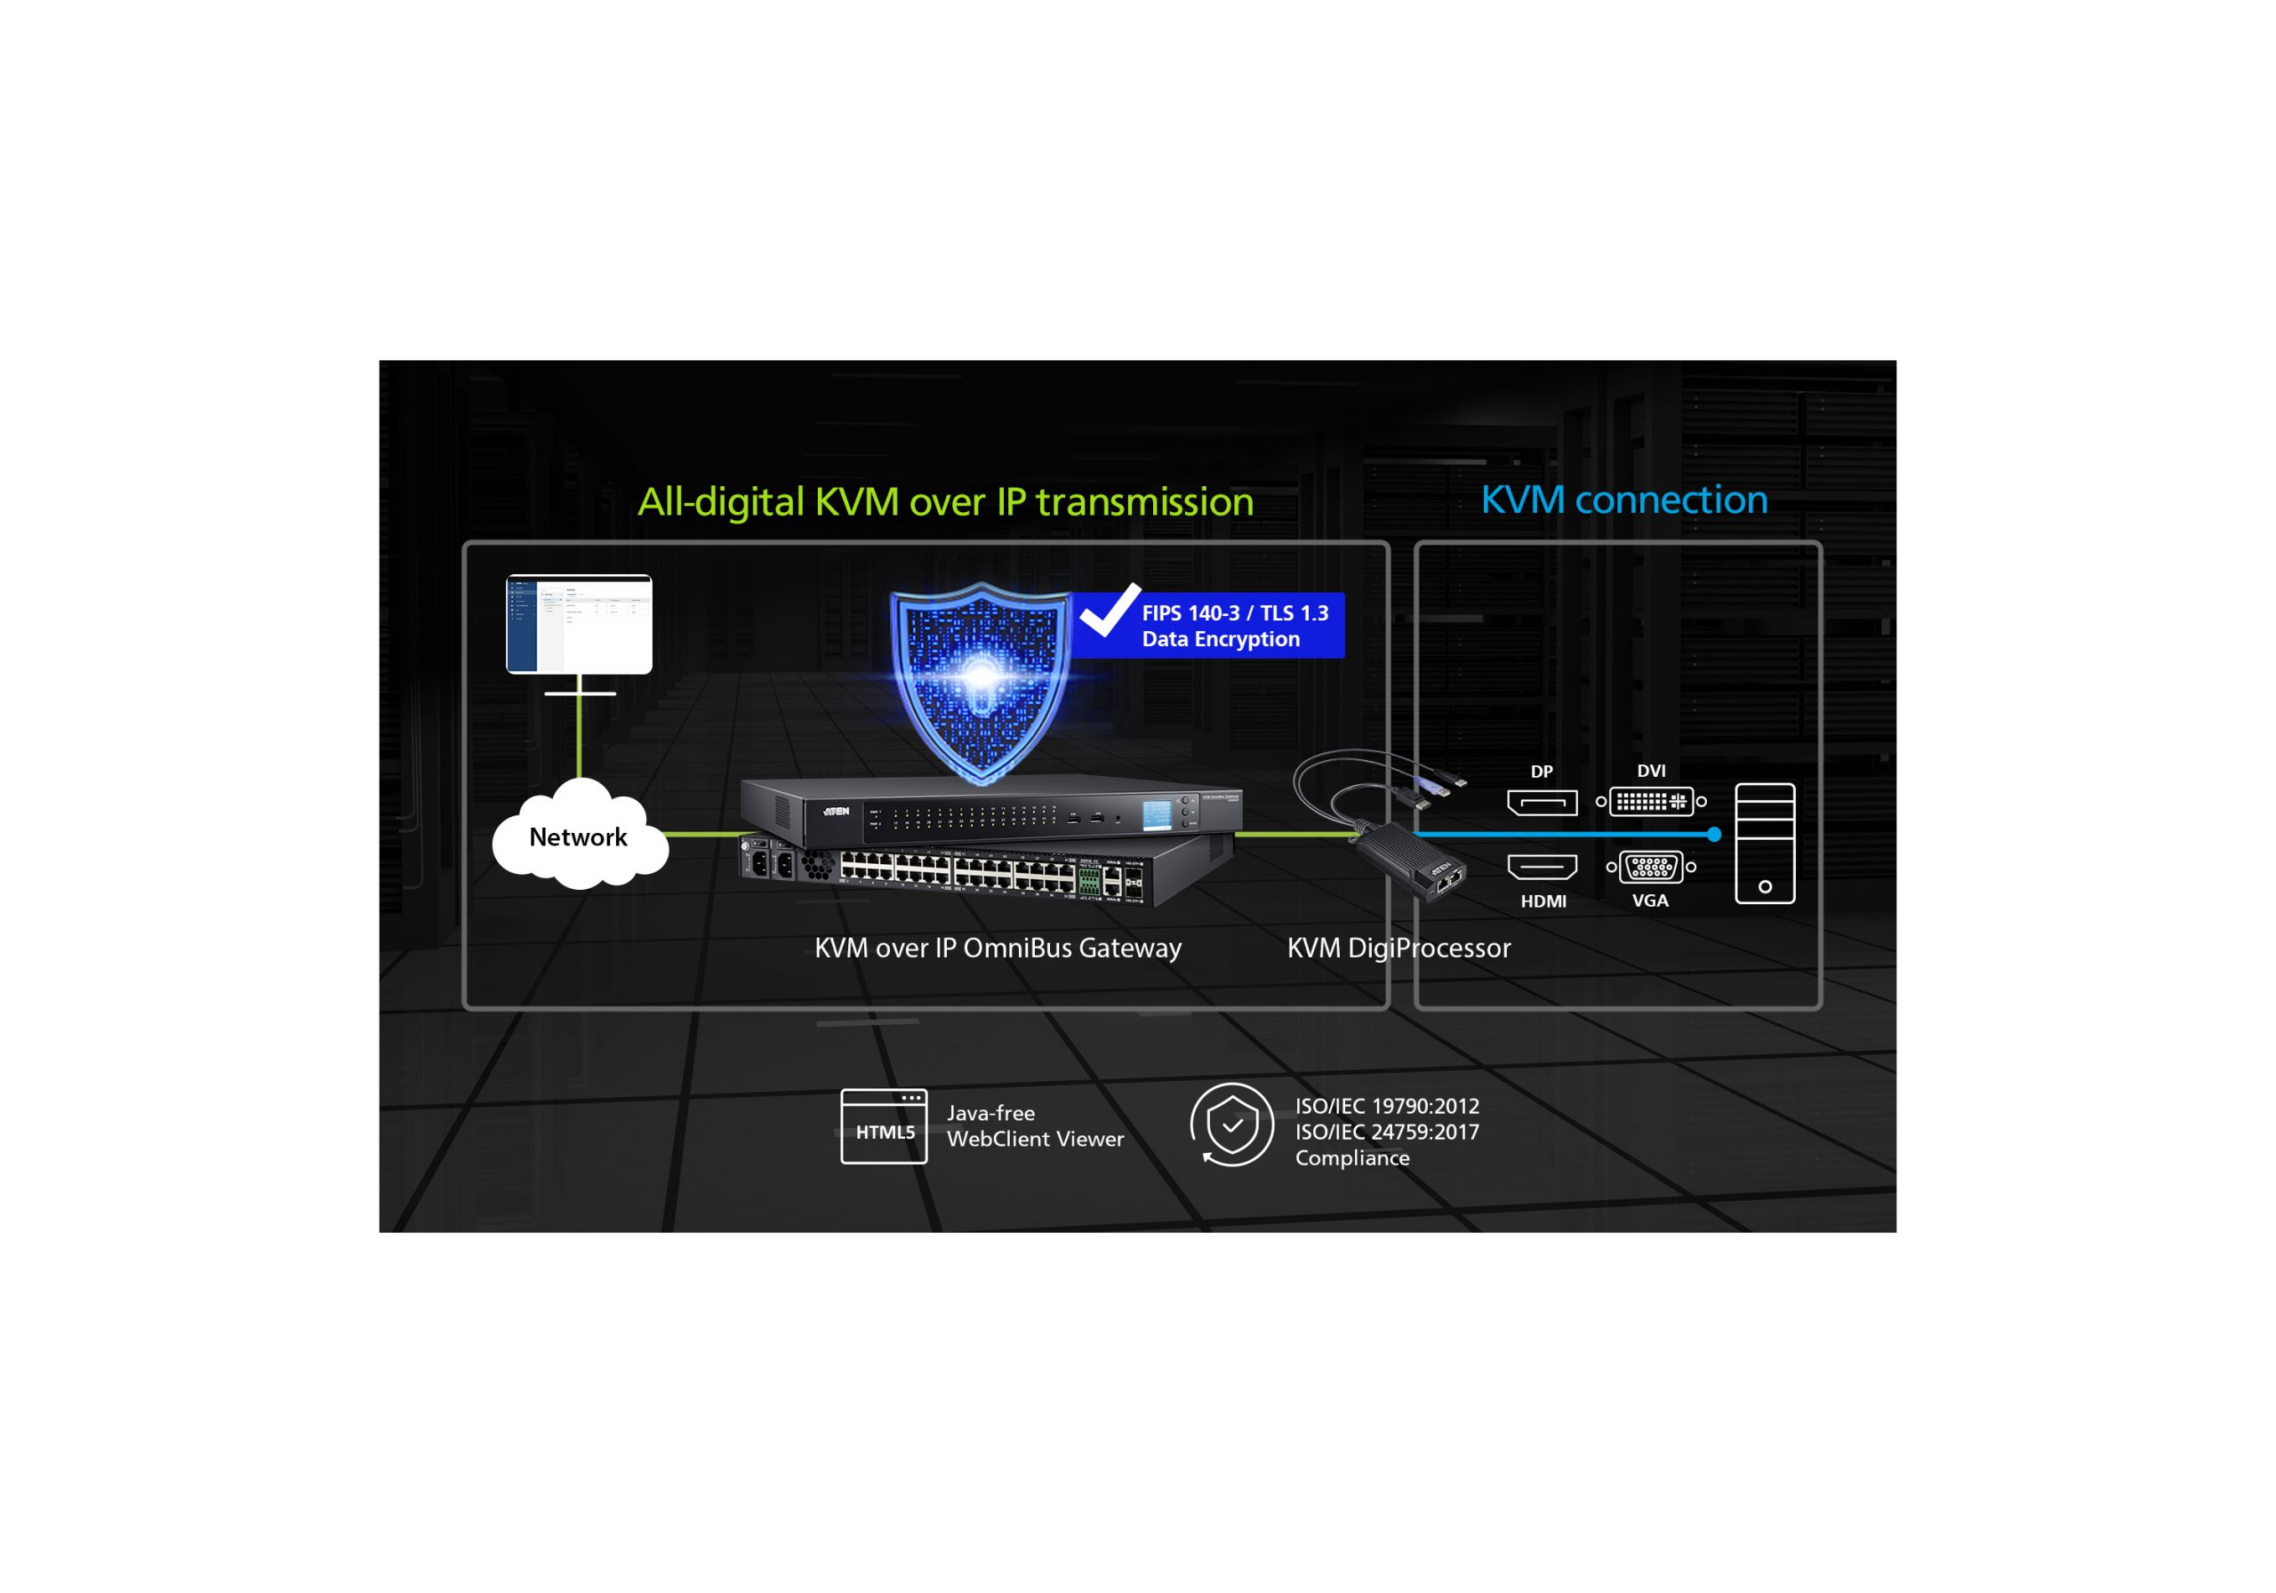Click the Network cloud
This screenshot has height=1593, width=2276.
579,837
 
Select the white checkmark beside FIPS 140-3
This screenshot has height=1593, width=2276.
1110,611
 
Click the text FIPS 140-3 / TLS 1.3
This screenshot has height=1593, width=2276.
1234,613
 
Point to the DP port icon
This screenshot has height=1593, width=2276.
1542,802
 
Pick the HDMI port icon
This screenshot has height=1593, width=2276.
1542,868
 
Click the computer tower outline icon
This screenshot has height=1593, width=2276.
1765,844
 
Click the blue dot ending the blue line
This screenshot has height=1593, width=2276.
1714,835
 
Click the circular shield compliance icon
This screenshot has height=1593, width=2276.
1232,1125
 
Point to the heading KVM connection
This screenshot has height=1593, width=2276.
1623,500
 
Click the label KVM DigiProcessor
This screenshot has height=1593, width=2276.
1398,948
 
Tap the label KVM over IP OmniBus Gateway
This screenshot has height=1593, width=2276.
998,948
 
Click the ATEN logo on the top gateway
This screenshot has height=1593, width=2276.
836,811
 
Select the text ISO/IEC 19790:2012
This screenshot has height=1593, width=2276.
1387,1106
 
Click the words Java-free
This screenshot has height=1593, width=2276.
990,1113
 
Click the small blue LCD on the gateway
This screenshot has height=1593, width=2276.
1156,815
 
